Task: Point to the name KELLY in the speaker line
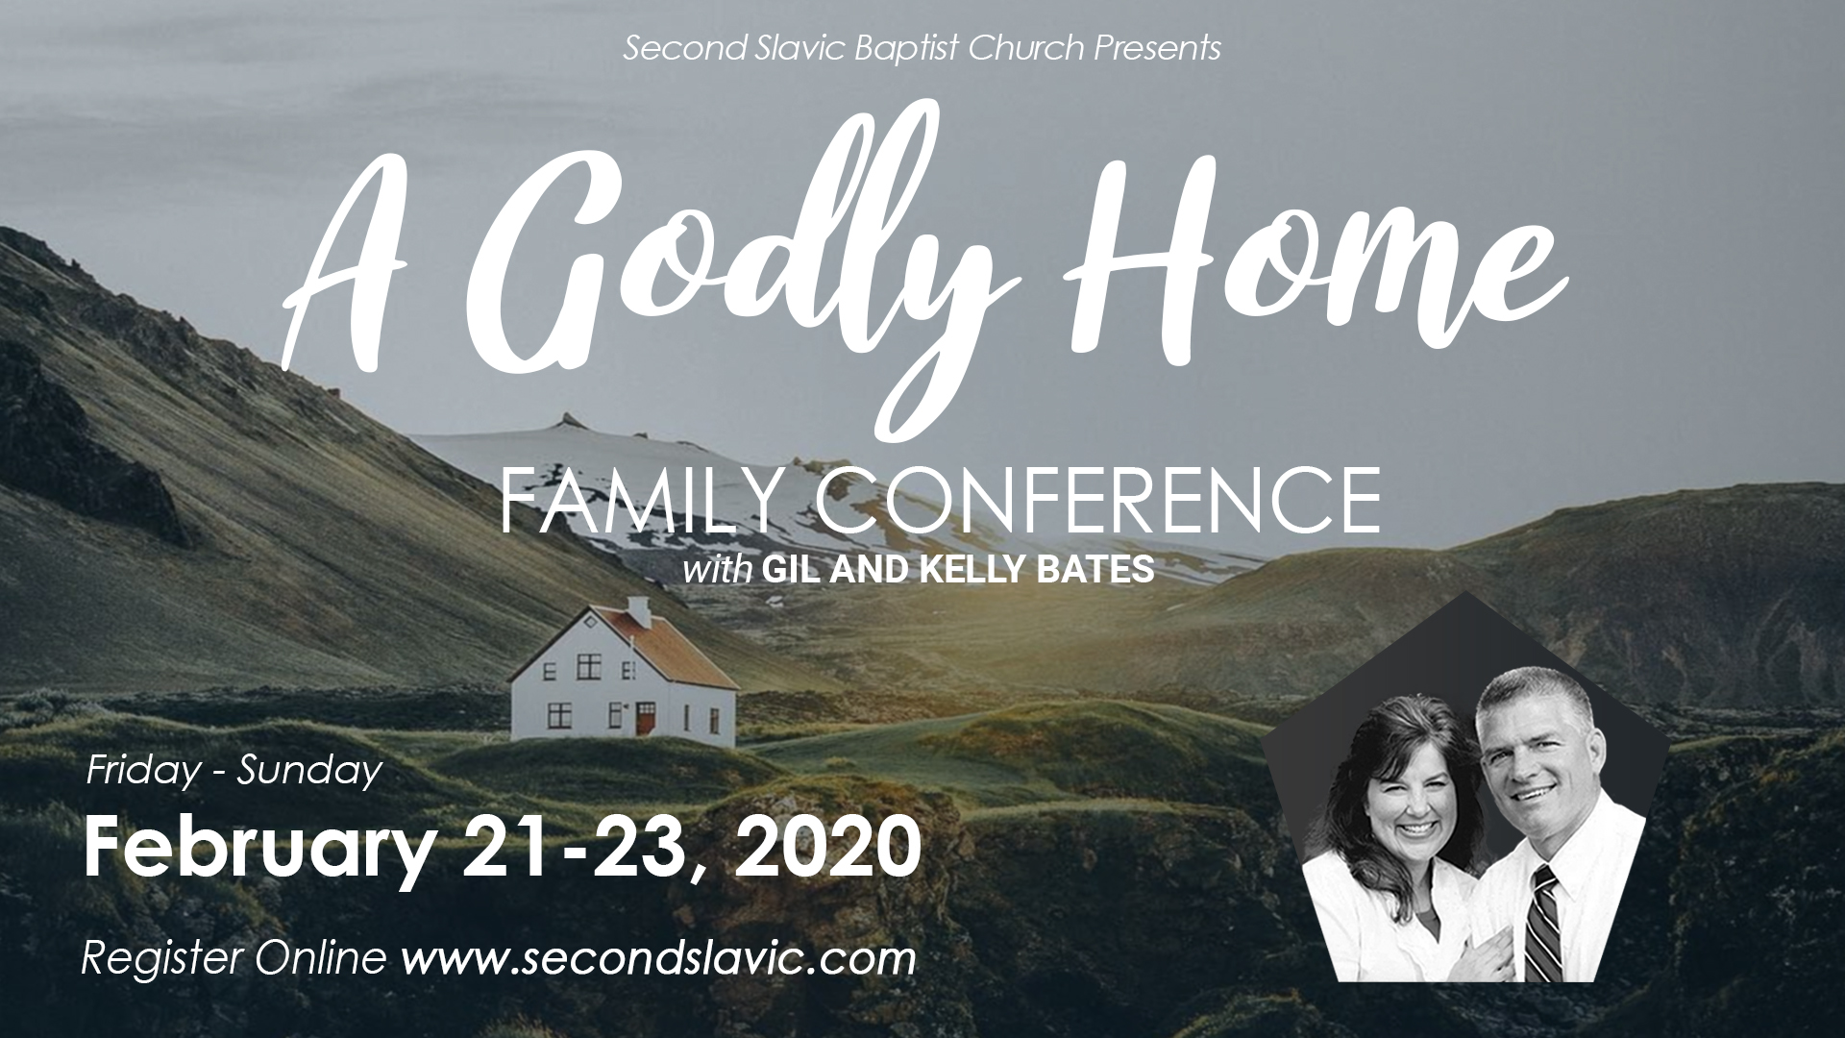pyautogui.click(x=965, y=570)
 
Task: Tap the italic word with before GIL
pyautogui.click(x=717, y=571)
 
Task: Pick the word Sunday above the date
pyautogui.click(x=309, y=772)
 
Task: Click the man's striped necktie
pyautogui.click(x=1537, y=923)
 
